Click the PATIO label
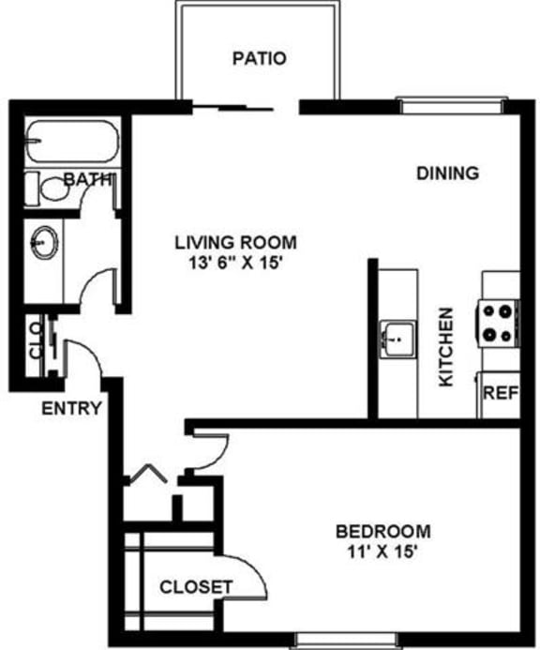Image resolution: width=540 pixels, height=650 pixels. [x=259, y=58]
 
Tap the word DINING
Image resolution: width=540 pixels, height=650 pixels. [x=448, y=173]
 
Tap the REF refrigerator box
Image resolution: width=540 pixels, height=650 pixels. [x=499, y=392]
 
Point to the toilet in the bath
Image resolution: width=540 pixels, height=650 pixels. [x=53, y=188]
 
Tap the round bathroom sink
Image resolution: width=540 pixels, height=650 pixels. [x=43, y=243]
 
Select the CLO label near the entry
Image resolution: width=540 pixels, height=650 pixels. [x=35, y=341]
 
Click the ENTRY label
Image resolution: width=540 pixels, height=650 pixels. [x=71, y=408]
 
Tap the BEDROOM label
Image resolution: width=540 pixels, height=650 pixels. [x=382, y=531]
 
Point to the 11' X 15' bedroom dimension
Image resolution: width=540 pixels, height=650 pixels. [x=382, y=552]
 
